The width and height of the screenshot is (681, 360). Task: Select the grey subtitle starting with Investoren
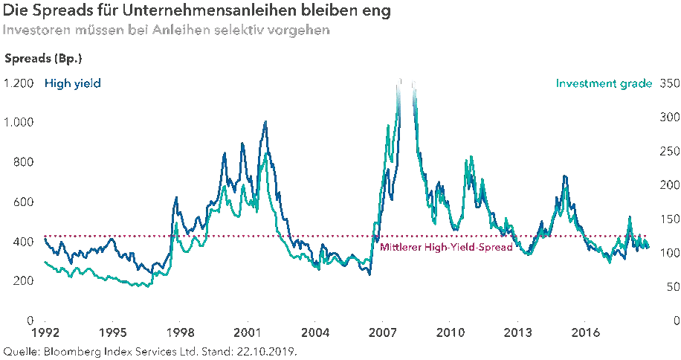click(x=165, y=31)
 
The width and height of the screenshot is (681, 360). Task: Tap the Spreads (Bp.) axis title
click(x=43, y=58)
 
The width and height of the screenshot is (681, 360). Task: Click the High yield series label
click(x=72, y=83)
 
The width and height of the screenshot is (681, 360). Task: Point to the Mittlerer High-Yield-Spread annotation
click(x=446, y=248)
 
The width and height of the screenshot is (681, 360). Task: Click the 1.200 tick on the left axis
click(x=19, y=83)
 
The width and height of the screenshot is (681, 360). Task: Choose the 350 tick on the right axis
click(x=668, y=83)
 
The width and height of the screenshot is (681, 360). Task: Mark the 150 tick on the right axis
click(x=668, y=219)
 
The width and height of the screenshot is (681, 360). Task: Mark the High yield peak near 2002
click(x=265, y=122)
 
